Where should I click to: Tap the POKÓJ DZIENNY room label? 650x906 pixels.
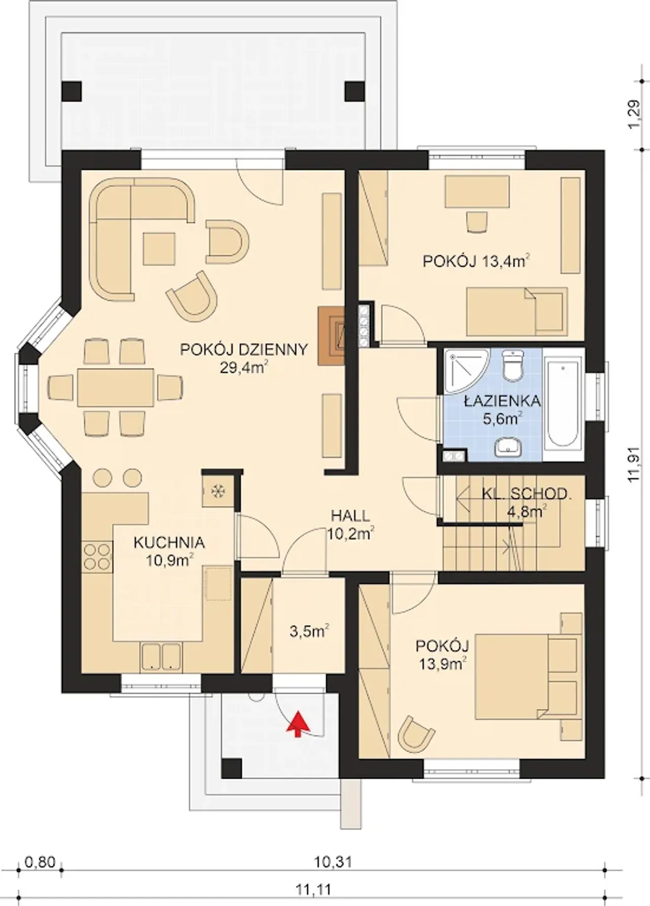point(244,350)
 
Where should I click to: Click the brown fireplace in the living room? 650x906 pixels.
point(331,336)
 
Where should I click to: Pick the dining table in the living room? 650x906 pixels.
point(116,387)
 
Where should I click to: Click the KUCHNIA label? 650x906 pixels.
point(169,542)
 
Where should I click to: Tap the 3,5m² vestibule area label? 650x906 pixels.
point(310,631)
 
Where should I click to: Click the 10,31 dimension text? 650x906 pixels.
point(333,862)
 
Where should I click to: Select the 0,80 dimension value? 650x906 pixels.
point(39,862)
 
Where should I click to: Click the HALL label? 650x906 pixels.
point(350,516)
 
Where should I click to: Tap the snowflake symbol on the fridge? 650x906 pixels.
point(218,491)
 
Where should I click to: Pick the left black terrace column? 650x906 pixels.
point(72,91)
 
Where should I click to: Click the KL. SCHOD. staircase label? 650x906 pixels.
point(527,494)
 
